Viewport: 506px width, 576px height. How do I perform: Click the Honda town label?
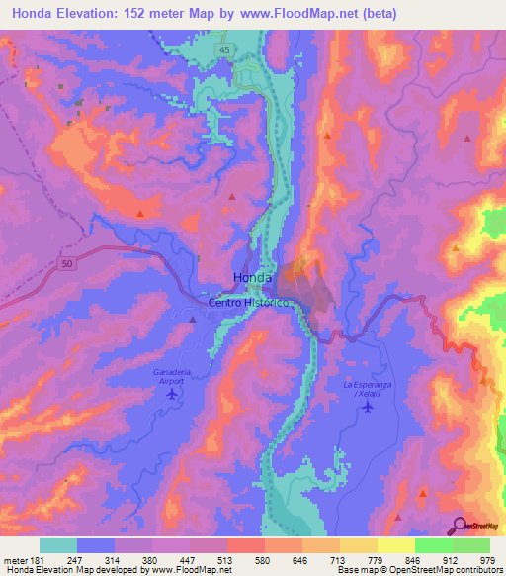point(252,278)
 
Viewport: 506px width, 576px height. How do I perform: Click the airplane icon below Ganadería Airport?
point(174,394)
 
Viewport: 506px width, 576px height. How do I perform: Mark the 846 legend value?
point(412,559)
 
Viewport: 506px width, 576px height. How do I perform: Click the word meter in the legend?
point(14,559)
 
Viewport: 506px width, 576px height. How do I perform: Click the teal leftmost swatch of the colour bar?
point(58,545)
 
